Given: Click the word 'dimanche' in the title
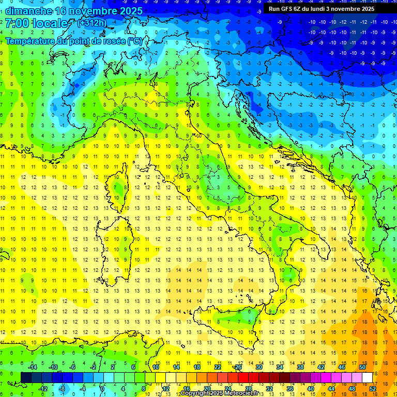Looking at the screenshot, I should (x=28, y=11).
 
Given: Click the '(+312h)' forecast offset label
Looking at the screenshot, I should (x=91, y=23).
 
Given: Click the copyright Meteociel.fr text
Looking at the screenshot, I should (x=220, y=393).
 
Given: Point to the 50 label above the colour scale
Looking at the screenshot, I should (x=362, y=367).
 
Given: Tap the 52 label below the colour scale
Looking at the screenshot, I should (x=373, y=389).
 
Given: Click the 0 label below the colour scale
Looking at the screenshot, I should (x=102, y=389).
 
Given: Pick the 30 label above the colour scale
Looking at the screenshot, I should (x=258, y=367).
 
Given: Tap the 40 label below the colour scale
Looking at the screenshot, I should (x=310, y=389).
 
